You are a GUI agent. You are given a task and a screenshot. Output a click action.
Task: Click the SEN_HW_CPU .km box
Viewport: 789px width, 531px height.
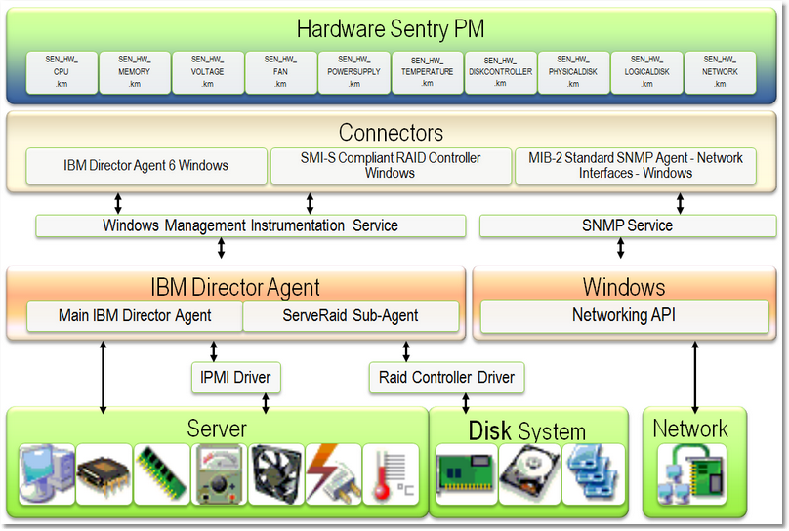point(61,72)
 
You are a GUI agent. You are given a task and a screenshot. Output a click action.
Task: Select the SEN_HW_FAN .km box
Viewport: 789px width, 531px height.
point(280,72)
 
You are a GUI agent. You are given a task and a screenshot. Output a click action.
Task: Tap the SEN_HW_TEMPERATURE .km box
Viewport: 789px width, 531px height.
point(427,72)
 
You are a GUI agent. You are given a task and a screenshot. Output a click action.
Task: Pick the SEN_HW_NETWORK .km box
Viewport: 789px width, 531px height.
point(720,72)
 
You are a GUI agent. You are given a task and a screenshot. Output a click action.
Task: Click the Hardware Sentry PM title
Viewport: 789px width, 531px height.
point(391,29)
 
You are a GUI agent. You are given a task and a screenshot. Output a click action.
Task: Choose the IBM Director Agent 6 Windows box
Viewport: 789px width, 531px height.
point(146,166)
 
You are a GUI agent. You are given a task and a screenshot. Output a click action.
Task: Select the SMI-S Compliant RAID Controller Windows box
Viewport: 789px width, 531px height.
point(390,166)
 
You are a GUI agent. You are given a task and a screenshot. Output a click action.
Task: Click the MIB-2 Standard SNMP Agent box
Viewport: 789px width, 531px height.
point(635,166)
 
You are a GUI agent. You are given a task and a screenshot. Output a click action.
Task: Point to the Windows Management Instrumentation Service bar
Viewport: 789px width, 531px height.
point(251,225)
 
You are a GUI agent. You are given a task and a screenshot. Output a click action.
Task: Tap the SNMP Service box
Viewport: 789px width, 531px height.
point(627,225)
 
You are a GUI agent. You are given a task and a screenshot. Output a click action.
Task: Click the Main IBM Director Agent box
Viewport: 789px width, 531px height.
point(136,316)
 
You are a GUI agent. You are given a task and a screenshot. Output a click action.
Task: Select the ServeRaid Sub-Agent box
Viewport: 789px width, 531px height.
point(351,316)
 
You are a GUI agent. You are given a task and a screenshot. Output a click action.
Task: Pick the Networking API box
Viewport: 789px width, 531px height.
point(624,316)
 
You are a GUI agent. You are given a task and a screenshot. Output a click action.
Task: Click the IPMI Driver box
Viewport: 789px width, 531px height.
point(234,378)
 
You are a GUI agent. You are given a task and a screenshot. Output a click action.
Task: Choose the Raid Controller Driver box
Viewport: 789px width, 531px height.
point(446,378)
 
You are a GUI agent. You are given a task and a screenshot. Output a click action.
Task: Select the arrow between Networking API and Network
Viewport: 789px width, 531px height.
point(694,376)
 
